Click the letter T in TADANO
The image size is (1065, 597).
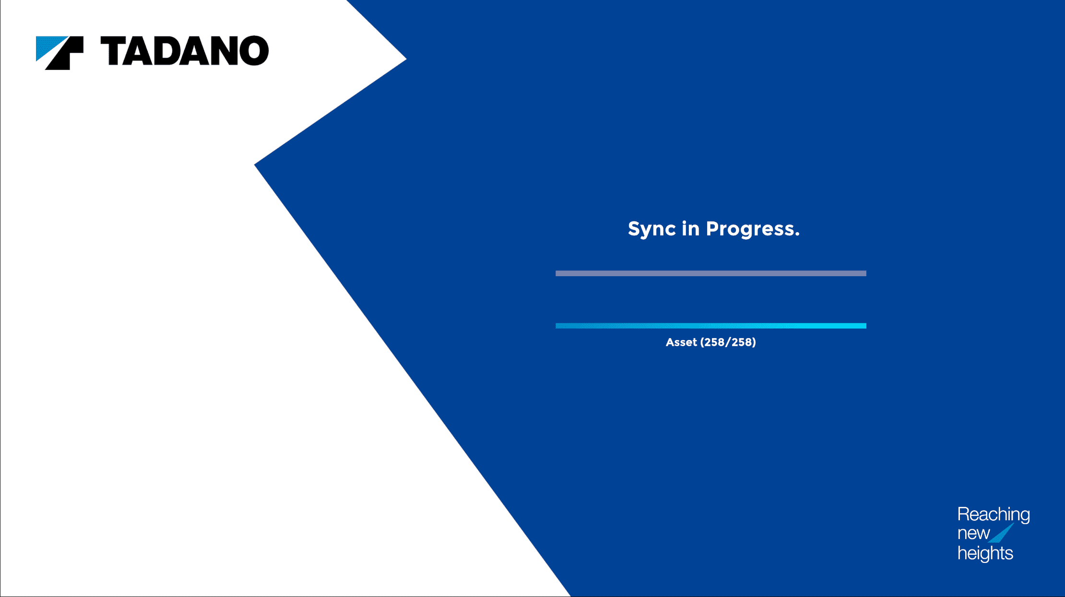(x=114, y=50)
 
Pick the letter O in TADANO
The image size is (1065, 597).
(x=253, y=50)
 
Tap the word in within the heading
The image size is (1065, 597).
(x=690, y=228)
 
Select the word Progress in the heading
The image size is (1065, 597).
(x=749, y=229)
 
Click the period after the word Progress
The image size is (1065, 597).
(x=797, y=234)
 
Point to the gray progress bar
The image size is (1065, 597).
(x=711, y=273)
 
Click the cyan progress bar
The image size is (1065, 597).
(x=711, y=326)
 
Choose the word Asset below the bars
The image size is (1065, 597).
(x=681, y=342)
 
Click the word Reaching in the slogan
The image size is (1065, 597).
(x=994, y=515)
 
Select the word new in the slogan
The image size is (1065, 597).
(x=973, y=533)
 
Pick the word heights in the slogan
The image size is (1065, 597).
(x=985, y=553)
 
